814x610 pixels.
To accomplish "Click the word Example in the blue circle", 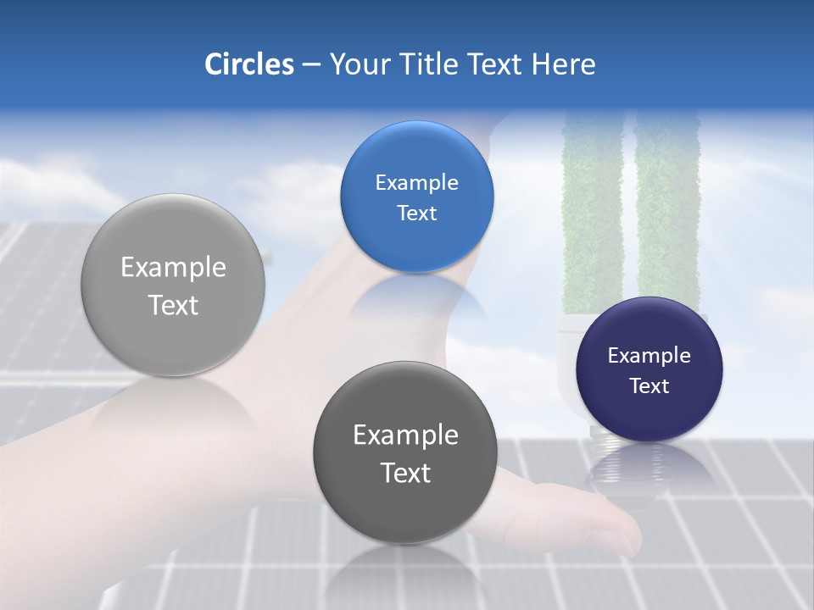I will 416,183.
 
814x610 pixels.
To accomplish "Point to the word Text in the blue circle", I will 416,213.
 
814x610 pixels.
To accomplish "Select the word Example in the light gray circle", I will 173,268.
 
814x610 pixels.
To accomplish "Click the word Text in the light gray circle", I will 173,305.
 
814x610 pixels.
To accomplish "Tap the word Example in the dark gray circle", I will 405,435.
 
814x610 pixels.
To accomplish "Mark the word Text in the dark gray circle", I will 405,473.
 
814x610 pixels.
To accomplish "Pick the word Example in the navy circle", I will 650,356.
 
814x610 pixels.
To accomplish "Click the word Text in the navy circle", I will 650,386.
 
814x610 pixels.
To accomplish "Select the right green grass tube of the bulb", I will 668,212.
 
